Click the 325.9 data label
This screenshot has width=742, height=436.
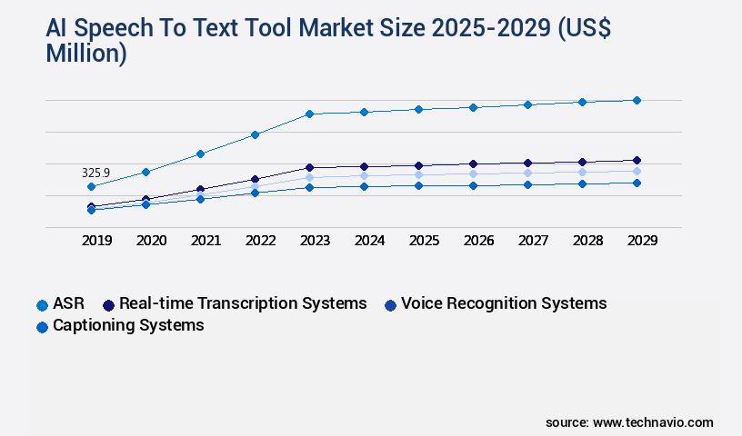95,173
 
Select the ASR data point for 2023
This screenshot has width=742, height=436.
309,114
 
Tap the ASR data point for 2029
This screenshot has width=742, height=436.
637,100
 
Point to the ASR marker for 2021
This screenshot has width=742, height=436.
200,154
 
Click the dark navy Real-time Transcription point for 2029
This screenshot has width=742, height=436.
637,161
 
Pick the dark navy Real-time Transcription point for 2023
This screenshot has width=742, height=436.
309,167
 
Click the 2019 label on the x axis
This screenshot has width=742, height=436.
96,241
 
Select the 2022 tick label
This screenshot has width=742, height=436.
260,241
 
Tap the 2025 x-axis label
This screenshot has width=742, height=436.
424,241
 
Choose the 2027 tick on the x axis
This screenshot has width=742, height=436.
533,241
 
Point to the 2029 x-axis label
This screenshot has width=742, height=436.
642,241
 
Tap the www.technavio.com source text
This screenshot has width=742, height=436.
653,422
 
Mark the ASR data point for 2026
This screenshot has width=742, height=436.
473,107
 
